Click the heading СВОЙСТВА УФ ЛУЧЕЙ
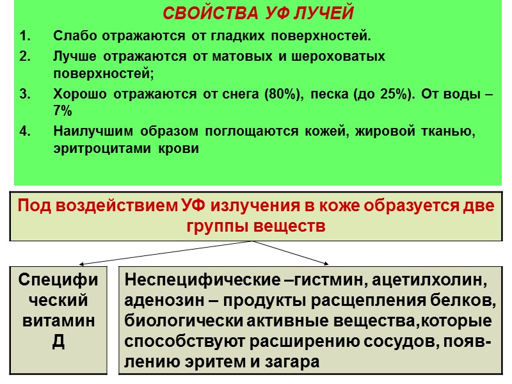[258, 13]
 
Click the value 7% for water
[63, 110]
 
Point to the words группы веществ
[256, 226]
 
